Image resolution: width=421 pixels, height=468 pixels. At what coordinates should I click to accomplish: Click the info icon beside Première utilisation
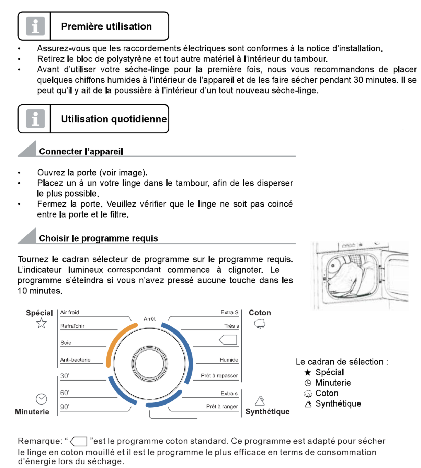[35, 26]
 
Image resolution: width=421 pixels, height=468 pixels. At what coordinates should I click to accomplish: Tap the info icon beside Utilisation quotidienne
[35, 119]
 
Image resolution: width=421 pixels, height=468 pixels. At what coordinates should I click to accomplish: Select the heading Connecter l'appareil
[81, 151]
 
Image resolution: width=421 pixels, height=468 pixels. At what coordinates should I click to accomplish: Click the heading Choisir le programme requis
[99, 238]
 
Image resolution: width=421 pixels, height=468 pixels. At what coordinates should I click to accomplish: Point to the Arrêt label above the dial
[150, 319]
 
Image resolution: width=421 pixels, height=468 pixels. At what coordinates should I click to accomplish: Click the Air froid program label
[70, 312]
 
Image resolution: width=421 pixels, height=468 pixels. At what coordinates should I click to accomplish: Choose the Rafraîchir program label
[72, 326]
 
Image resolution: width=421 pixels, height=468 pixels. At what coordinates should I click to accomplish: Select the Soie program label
[66, 342]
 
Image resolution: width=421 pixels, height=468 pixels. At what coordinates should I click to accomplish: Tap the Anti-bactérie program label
[76, 360]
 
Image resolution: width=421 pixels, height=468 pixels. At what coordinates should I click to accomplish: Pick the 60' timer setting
[65, 393]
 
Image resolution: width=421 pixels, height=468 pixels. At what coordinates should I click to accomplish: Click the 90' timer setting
[65, 407]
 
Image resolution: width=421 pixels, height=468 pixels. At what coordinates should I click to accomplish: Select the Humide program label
[229, 360]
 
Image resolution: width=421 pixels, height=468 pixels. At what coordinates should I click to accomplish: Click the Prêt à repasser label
[219, 375]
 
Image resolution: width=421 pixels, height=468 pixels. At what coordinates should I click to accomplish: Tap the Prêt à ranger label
[222, 406]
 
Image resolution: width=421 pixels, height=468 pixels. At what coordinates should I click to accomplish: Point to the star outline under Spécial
[42, 323]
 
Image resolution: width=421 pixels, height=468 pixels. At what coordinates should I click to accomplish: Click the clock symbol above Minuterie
[42, 399]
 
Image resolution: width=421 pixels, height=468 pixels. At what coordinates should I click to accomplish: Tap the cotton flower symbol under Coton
[260, 324]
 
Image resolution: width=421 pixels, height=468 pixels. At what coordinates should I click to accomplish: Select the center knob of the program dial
[149, 364]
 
